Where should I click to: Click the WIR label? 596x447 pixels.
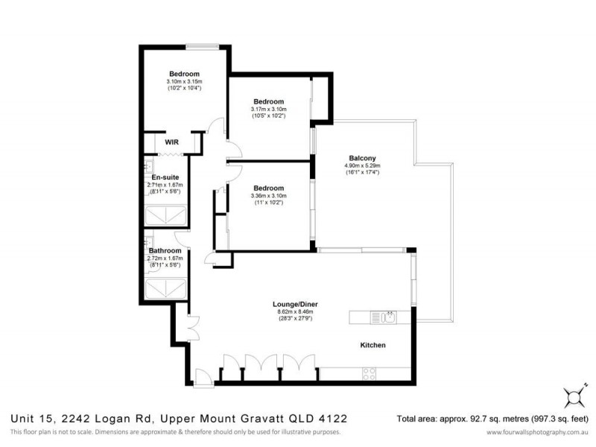pos(172,141)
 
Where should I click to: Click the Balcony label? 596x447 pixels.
pos(362,157)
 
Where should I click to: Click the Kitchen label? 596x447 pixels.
pos(373,346)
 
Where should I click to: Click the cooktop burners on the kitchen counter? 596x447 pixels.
pos(369,374)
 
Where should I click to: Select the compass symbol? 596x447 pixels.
pos(574,393)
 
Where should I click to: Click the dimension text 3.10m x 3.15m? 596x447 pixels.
pos(184,81)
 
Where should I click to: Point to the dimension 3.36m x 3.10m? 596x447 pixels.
pos(268,196)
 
